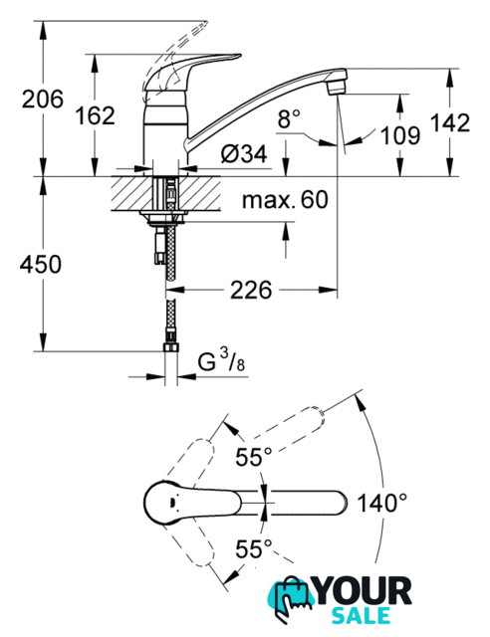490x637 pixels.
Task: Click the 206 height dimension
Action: pyautogui.click(x=43, y=100)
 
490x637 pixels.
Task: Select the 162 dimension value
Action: pyautogui.click(x=96, y=115)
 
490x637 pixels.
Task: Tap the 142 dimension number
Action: pyautogui.click(x=450, y=122)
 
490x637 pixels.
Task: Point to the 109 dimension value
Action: pyautogui.click(x=400, y=135)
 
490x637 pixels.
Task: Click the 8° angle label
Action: pyautogui.click(x=289, y=119)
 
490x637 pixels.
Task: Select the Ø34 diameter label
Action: pyautogui.click(x=244, y=154)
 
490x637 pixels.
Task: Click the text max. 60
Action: pyautogui.click(x=285, y=200)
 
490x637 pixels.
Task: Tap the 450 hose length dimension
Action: pyautogui.click(x=41, y=264)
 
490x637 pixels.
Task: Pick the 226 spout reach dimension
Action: pyautogui.click(x=251, y=291)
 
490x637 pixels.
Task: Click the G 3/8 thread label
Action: pyautogui.click(x=222, y=360)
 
